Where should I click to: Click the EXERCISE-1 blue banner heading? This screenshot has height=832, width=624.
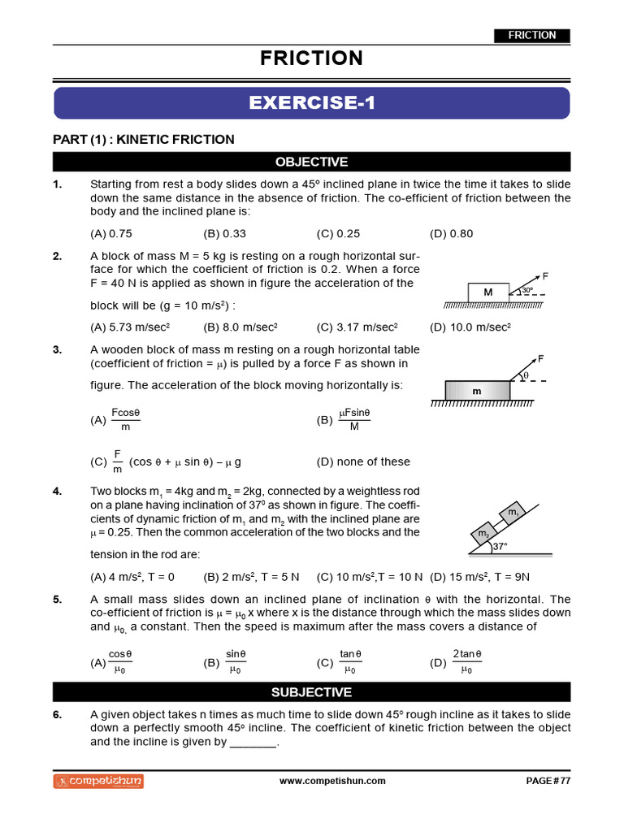312,103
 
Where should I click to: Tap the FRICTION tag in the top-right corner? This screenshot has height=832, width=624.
532,35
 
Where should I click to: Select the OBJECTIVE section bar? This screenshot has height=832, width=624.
312,162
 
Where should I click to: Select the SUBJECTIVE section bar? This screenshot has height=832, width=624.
312,692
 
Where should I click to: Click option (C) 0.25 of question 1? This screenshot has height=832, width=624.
338,234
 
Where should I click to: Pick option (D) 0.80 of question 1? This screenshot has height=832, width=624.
451,234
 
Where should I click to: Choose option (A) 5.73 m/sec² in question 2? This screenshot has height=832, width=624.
129,327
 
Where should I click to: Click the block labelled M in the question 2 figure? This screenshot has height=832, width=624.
488,292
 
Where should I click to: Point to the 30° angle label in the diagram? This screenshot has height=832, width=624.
526,290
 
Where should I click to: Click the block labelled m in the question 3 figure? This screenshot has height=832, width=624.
477,391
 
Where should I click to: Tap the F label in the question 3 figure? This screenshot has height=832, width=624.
540,358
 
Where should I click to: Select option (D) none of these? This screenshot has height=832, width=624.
363,461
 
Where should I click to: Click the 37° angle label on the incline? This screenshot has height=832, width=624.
500,546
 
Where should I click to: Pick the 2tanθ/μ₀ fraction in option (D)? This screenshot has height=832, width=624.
466,661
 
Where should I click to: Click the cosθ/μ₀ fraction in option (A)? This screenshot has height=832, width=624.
120,661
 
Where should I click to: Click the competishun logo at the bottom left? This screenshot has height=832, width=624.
98,781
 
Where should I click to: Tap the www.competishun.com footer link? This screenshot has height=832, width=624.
332,781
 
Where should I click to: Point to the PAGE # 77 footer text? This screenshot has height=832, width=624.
548,781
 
